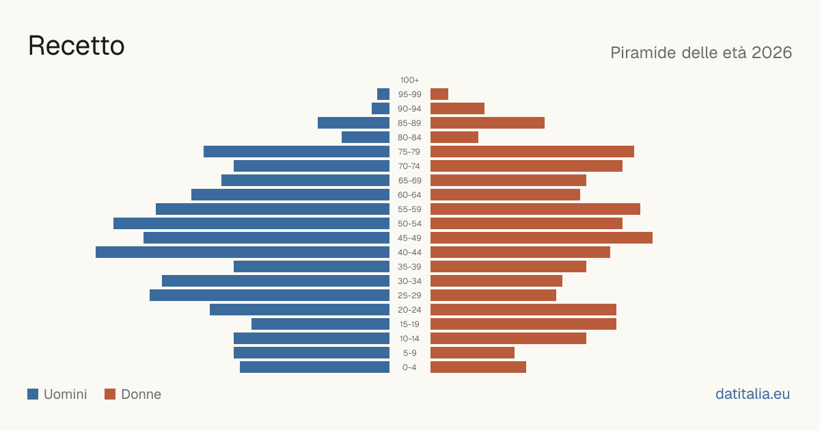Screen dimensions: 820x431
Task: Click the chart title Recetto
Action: click(x=76, y=46)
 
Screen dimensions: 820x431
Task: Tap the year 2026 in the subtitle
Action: click(x=771, y=53)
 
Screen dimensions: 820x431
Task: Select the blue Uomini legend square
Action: click(x=33, y=394)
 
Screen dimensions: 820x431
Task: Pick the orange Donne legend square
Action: click(x=110, y=394)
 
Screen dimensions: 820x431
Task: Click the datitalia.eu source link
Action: click(x=752, y=394)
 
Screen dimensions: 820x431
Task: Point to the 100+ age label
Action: click(x=409, y=80)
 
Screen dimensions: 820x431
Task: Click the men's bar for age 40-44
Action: click(x=243, y=252)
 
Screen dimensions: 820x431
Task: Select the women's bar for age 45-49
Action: click(x=541, y=238)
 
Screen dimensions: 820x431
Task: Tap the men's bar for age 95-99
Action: click(x=383, y=94)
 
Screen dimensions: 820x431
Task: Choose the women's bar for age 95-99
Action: click(x=439, y=94)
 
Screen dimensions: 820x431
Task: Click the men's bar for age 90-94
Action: click(x=381, y=109)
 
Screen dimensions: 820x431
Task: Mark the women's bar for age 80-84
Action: click(x=454, y=138)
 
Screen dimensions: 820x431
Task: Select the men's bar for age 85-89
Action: click(x=354, y=122)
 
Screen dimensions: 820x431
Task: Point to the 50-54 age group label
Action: click(x=409, y=224)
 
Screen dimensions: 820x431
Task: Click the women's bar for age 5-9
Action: click(x=472, y=353)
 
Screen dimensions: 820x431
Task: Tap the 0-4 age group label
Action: click(x=409, y=367)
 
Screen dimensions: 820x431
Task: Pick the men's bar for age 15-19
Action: click(x=320, y=324)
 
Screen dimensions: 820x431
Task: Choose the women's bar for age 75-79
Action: click(x=532, y=152)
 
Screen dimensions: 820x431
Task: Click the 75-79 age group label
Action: click(x=409, y=152)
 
